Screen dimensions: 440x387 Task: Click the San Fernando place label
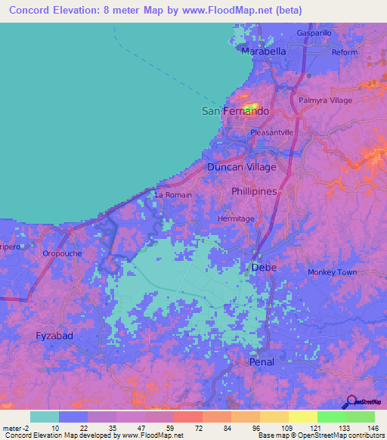pos(235,111)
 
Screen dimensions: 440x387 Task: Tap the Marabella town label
pos(264,51)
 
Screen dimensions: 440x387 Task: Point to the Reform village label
pos(344,52)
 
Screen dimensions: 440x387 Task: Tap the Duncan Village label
pos(242,166)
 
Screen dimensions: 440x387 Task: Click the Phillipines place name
pos(255,192)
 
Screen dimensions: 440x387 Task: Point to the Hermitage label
pos(236,218)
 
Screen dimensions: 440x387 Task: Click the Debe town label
pos(263,268)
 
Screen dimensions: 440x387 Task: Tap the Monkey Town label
pos(332,272)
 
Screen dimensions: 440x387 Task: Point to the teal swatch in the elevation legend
pos(45,417)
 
